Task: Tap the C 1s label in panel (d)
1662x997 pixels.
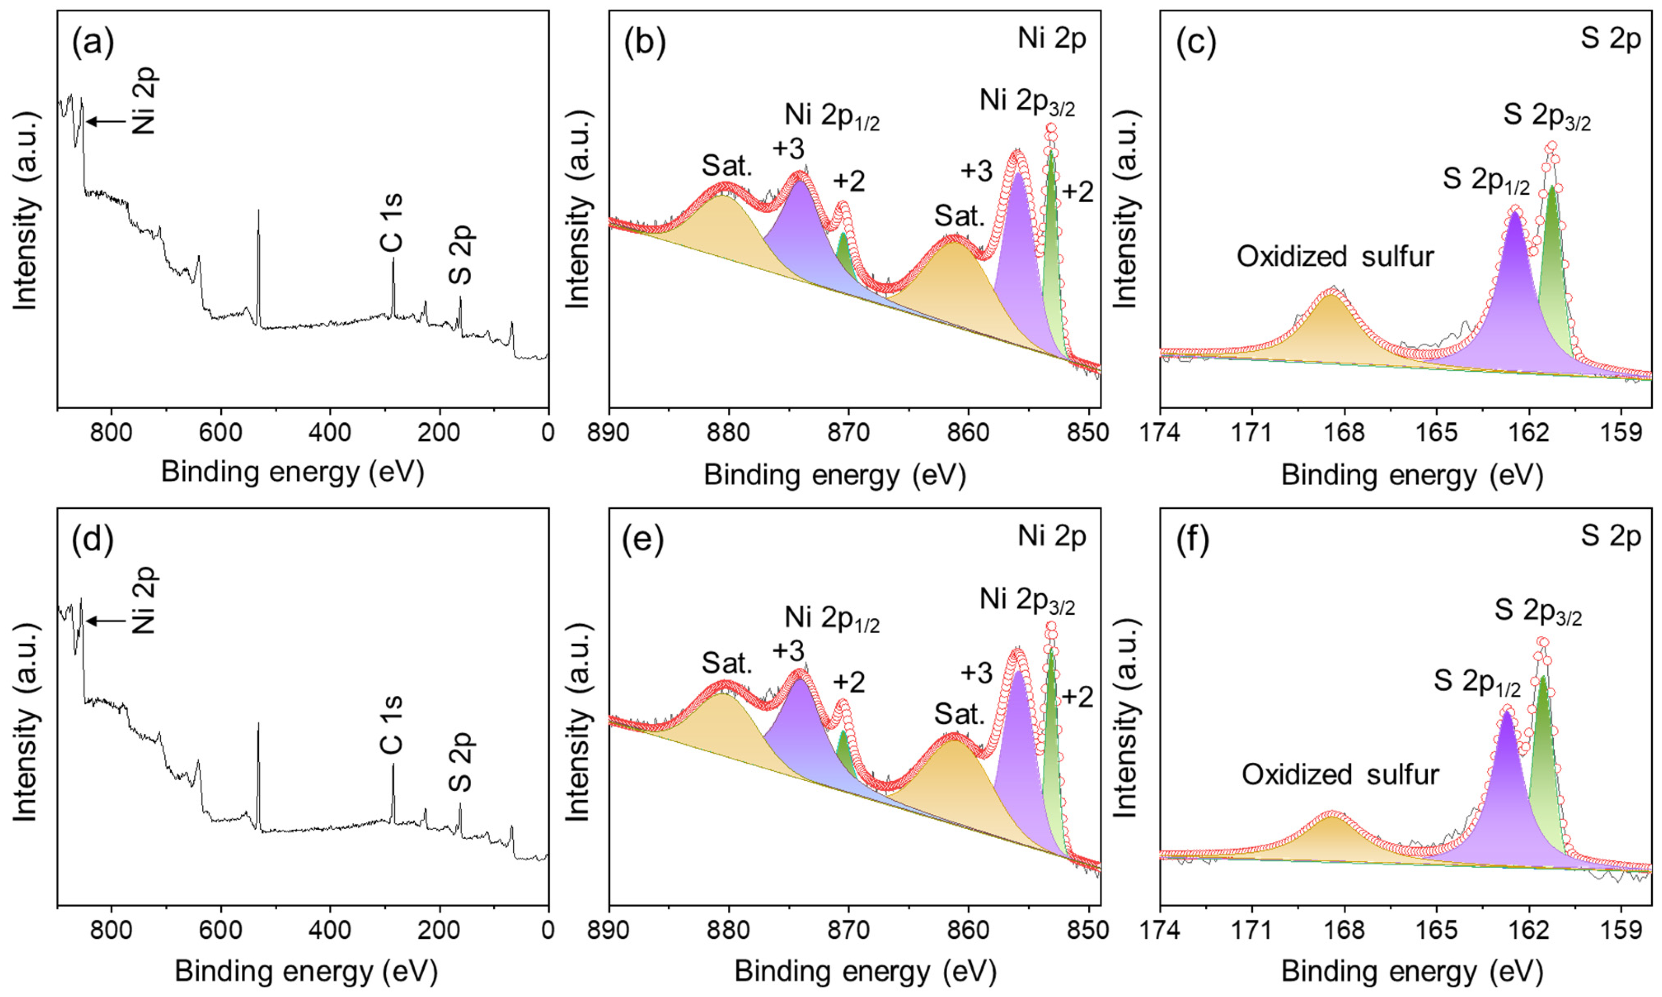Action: point(392,725)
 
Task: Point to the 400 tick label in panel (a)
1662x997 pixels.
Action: point(329,433)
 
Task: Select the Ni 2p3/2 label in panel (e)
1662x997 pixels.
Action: point(1027,600)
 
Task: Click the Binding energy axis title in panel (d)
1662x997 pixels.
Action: point(306,972)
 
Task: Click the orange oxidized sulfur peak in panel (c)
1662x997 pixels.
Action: point(1331,329)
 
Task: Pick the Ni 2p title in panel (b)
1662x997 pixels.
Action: point(1052,40)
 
